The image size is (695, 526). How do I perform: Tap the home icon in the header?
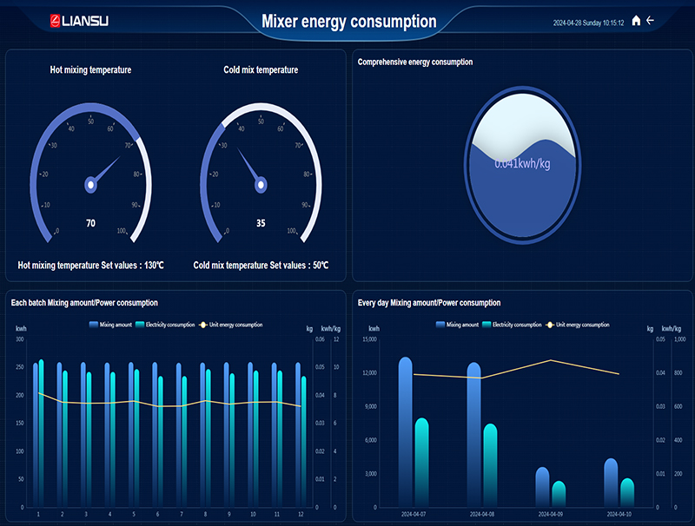[636, 21]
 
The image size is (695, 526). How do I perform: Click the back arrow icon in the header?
[650, 20]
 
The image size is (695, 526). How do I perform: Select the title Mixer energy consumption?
[348, 22]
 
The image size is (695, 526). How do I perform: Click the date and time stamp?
[588, 23]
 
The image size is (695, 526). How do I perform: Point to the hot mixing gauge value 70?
[90, 223]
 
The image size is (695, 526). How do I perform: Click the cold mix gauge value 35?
[261, 223]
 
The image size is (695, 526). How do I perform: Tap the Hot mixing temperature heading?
[90, 69]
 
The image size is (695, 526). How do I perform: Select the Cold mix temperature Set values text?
[261, 266]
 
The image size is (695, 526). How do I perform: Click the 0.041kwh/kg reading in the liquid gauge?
[522, 163]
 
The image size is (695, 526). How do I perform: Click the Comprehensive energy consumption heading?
[415, 62]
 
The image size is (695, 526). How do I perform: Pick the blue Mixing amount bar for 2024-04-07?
[406, 431]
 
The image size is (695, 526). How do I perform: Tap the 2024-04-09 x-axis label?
[551, 514]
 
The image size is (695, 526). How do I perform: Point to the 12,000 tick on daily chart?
[369, 373]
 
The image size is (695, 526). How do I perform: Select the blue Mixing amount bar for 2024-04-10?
[611, 482]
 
